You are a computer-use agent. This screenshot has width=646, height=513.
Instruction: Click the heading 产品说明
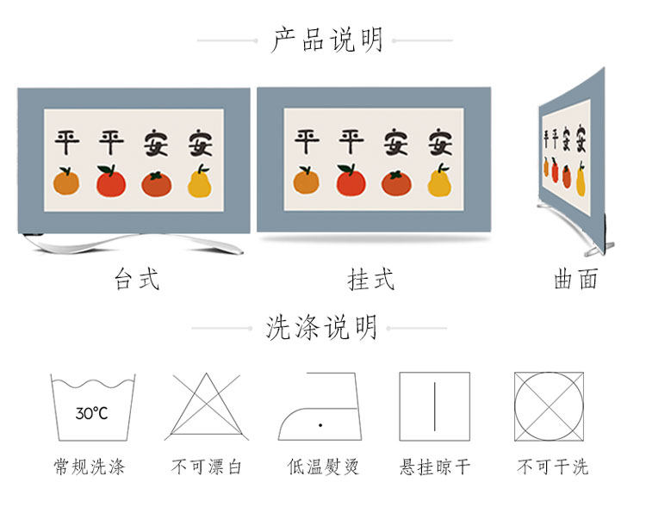(x=326, y=40)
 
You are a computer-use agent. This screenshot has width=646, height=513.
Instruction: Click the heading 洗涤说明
(x=321, y=328)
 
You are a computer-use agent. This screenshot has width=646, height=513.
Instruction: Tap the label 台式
(x=137, y=279)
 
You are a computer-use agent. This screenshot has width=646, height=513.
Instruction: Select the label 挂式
(x=370, y=279)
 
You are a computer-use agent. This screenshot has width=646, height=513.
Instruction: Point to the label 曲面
(x=575, y=279)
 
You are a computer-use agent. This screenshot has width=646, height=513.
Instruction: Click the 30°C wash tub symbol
(x=93, y=407)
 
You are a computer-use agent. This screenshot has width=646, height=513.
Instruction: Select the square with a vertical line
(x=434, y=406)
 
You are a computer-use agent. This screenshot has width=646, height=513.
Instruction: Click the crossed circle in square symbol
(x=549, y=406)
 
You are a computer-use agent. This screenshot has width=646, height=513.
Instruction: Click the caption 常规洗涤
(x=90, y=467)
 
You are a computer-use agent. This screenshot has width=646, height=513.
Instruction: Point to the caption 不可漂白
(x=207, y=467)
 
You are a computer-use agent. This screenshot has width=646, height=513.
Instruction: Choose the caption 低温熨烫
(x=323, y=467)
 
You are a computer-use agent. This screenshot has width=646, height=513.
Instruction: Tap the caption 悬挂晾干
(x=435, y=467)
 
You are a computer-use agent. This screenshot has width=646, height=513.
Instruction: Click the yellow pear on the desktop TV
(x=200, y=182)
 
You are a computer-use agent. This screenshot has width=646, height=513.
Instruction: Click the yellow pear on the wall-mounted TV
(x=440, y=181)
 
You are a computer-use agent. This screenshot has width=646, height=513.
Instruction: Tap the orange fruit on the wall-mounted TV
(x=306, y=180)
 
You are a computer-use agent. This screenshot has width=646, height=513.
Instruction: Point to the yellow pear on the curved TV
(x=581, y=180)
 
